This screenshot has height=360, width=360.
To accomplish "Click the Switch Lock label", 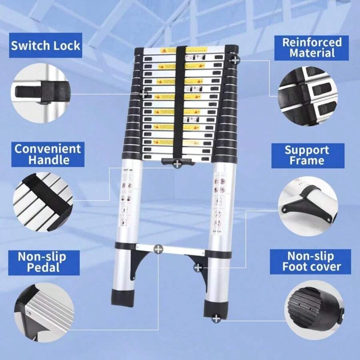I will (46, 45).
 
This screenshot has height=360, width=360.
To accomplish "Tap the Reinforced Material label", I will (311, 48).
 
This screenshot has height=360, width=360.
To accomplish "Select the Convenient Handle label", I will (47, 154).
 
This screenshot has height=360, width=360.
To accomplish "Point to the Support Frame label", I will (307, 156).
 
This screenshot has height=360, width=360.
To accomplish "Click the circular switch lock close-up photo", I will (40, 93).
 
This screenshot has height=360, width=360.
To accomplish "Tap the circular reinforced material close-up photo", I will (308, 96).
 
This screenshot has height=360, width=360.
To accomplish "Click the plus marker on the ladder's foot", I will (216, 318).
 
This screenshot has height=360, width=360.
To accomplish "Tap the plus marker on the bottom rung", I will (158, 249).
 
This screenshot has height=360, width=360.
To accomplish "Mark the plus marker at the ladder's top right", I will (235, 60).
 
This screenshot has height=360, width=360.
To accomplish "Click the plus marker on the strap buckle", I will (177, 163).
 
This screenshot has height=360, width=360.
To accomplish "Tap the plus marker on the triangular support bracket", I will (198, 268).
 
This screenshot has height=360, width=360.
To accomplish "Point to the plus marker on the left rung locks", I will (143, 94).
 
